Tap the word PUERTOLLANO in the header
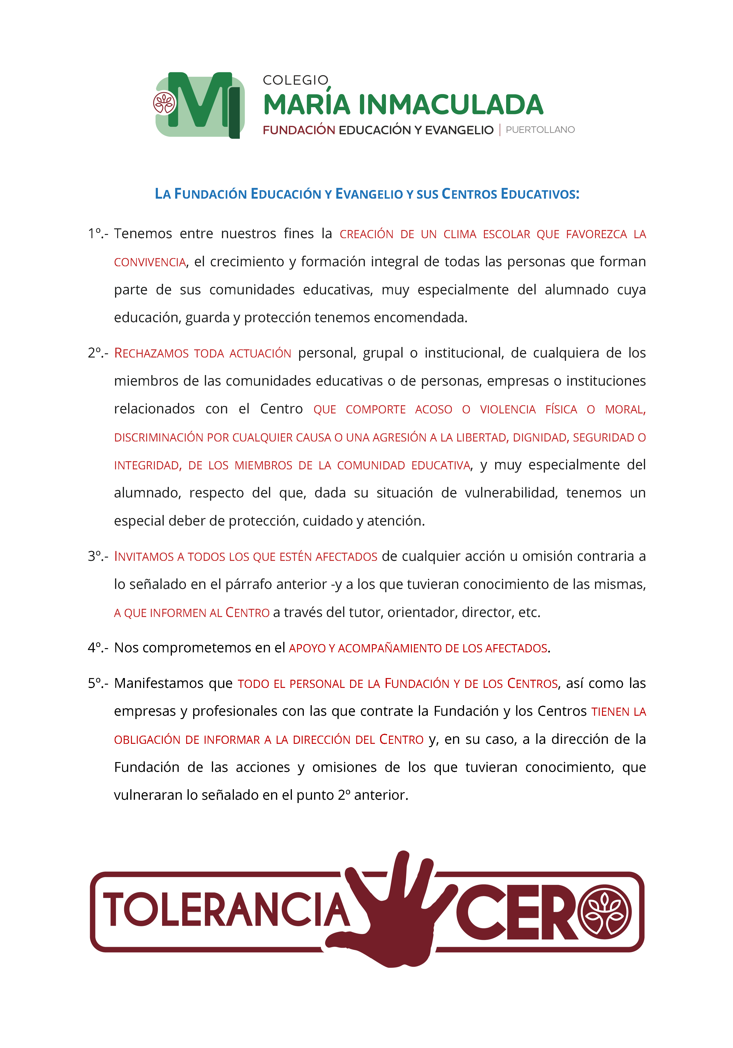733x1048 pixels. coord(540,130)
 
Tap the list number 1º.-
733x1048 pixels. coord(98,234)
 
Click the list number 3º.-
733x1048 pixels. coord(98,556)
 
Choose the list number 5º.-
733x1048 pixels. coord(98,683)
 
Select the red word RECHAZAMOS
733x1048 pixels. coord(151,353)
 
